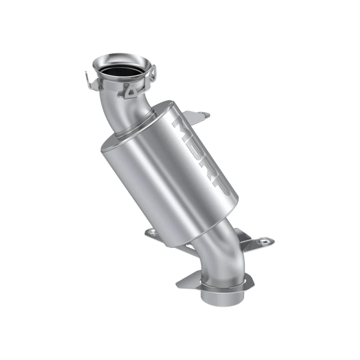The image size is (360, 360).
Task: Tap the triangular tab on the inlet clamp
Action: pyautogui.click(x=131, y=92)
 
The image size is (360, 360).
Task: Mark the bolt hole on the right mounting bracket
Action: pyautogui.click(x=262, y=242)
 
